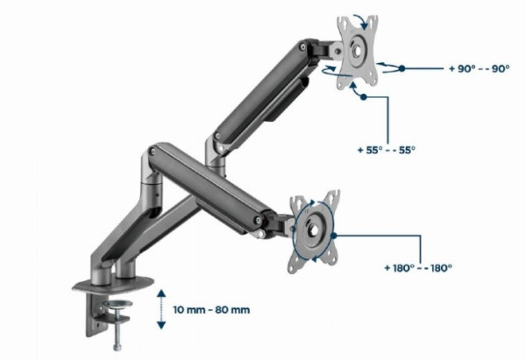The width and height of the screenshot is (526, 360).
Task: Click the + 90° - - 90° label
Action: [479, 68]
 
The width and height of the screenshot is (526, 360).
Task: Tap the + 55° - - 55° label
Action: [386, 150]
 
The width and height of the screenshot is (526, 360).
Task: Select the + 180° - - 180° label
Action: [418, 268]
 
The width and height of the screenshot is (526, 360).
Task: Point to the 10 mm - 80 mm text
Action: [211, 310]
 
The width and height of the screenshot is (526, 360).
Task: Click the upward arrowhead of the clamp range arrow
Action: [161, 293]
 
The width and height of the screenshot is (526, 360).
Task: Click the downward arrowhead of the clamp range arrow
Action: [161, 325]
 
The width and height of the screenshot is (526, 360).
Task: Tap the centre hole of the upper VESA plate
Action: [357, 51]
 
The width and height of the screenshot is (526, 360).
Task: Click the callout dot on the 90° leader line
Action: [402, 68]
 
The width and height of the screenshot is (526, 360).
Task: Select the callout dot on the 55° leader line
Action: [364, 97]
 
